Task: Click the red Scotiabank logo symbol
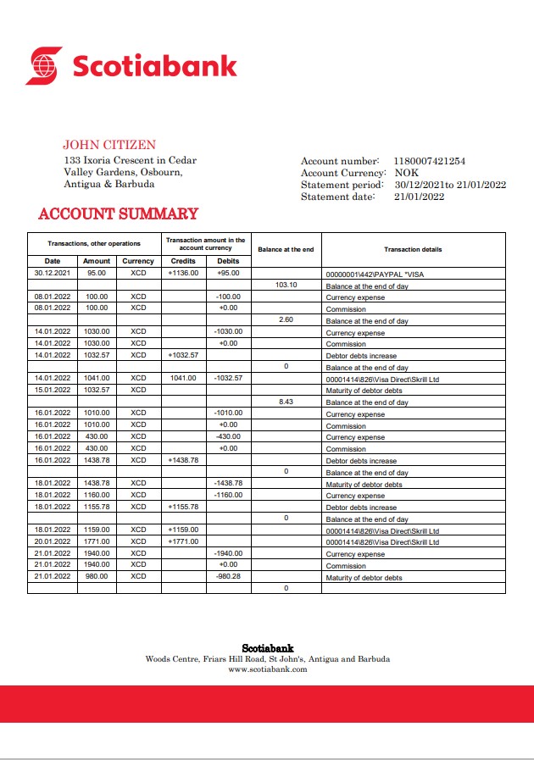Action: (x=44, y=65)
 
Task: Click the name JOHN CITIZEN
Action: (x=109, y=145)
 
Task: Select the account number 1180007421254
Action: (x=430, y=161)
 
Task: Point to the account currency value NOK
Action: (x=407, y=173)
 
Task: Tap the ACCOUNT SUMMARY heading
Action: (x=118, y=214)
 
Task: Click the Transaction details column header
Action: (x=413, y=249)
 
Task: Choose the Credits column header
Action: (x=183, y=261)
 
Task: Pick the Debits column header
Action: (x=228, y=261)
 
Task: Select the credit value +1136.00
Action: (x=183, y=274)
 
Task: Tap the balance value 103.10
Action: (x=286, y=286)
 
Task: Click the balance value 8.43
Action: (x=286, y=402)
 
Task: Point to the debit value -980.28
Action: (x=228, y=577)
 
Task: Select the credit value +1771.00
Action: (x=183, y=541)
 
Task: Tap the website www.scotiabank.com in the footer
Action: (x=268, y=669)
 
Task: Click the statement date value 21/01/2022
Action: (x=420, y=197)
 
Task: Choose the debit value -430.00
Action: (x=228, y=436)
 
